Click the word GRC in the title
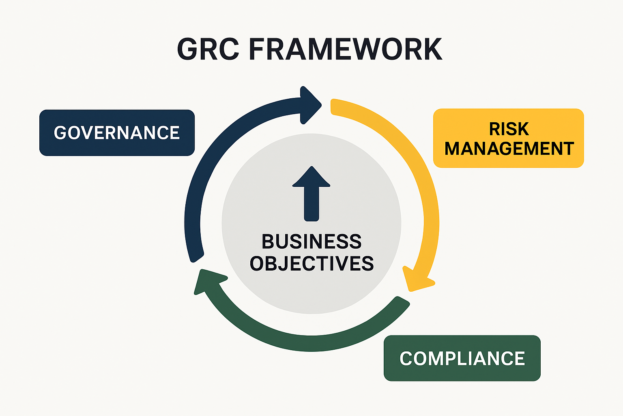[208, 50]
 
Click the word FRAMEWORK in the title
[345, 50]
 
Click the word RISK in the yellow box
[509, 129]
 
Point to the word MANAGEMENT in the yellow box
[509, 149]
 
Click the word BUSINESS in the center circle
[311, 242]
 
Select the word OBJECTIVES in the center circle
[311, 264]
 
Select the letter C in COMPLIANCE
[406, 359]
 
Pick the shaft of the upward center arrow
[311, 205]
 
